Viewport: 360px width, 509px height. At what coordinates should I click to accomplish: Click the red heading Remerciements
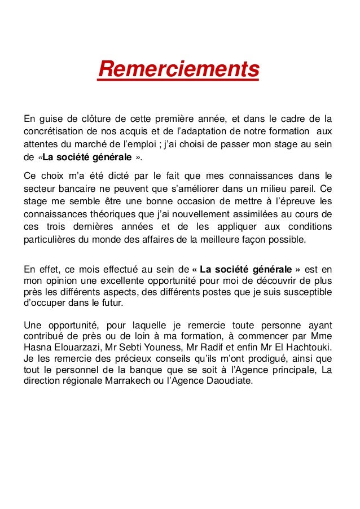(x=178, y=71)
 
